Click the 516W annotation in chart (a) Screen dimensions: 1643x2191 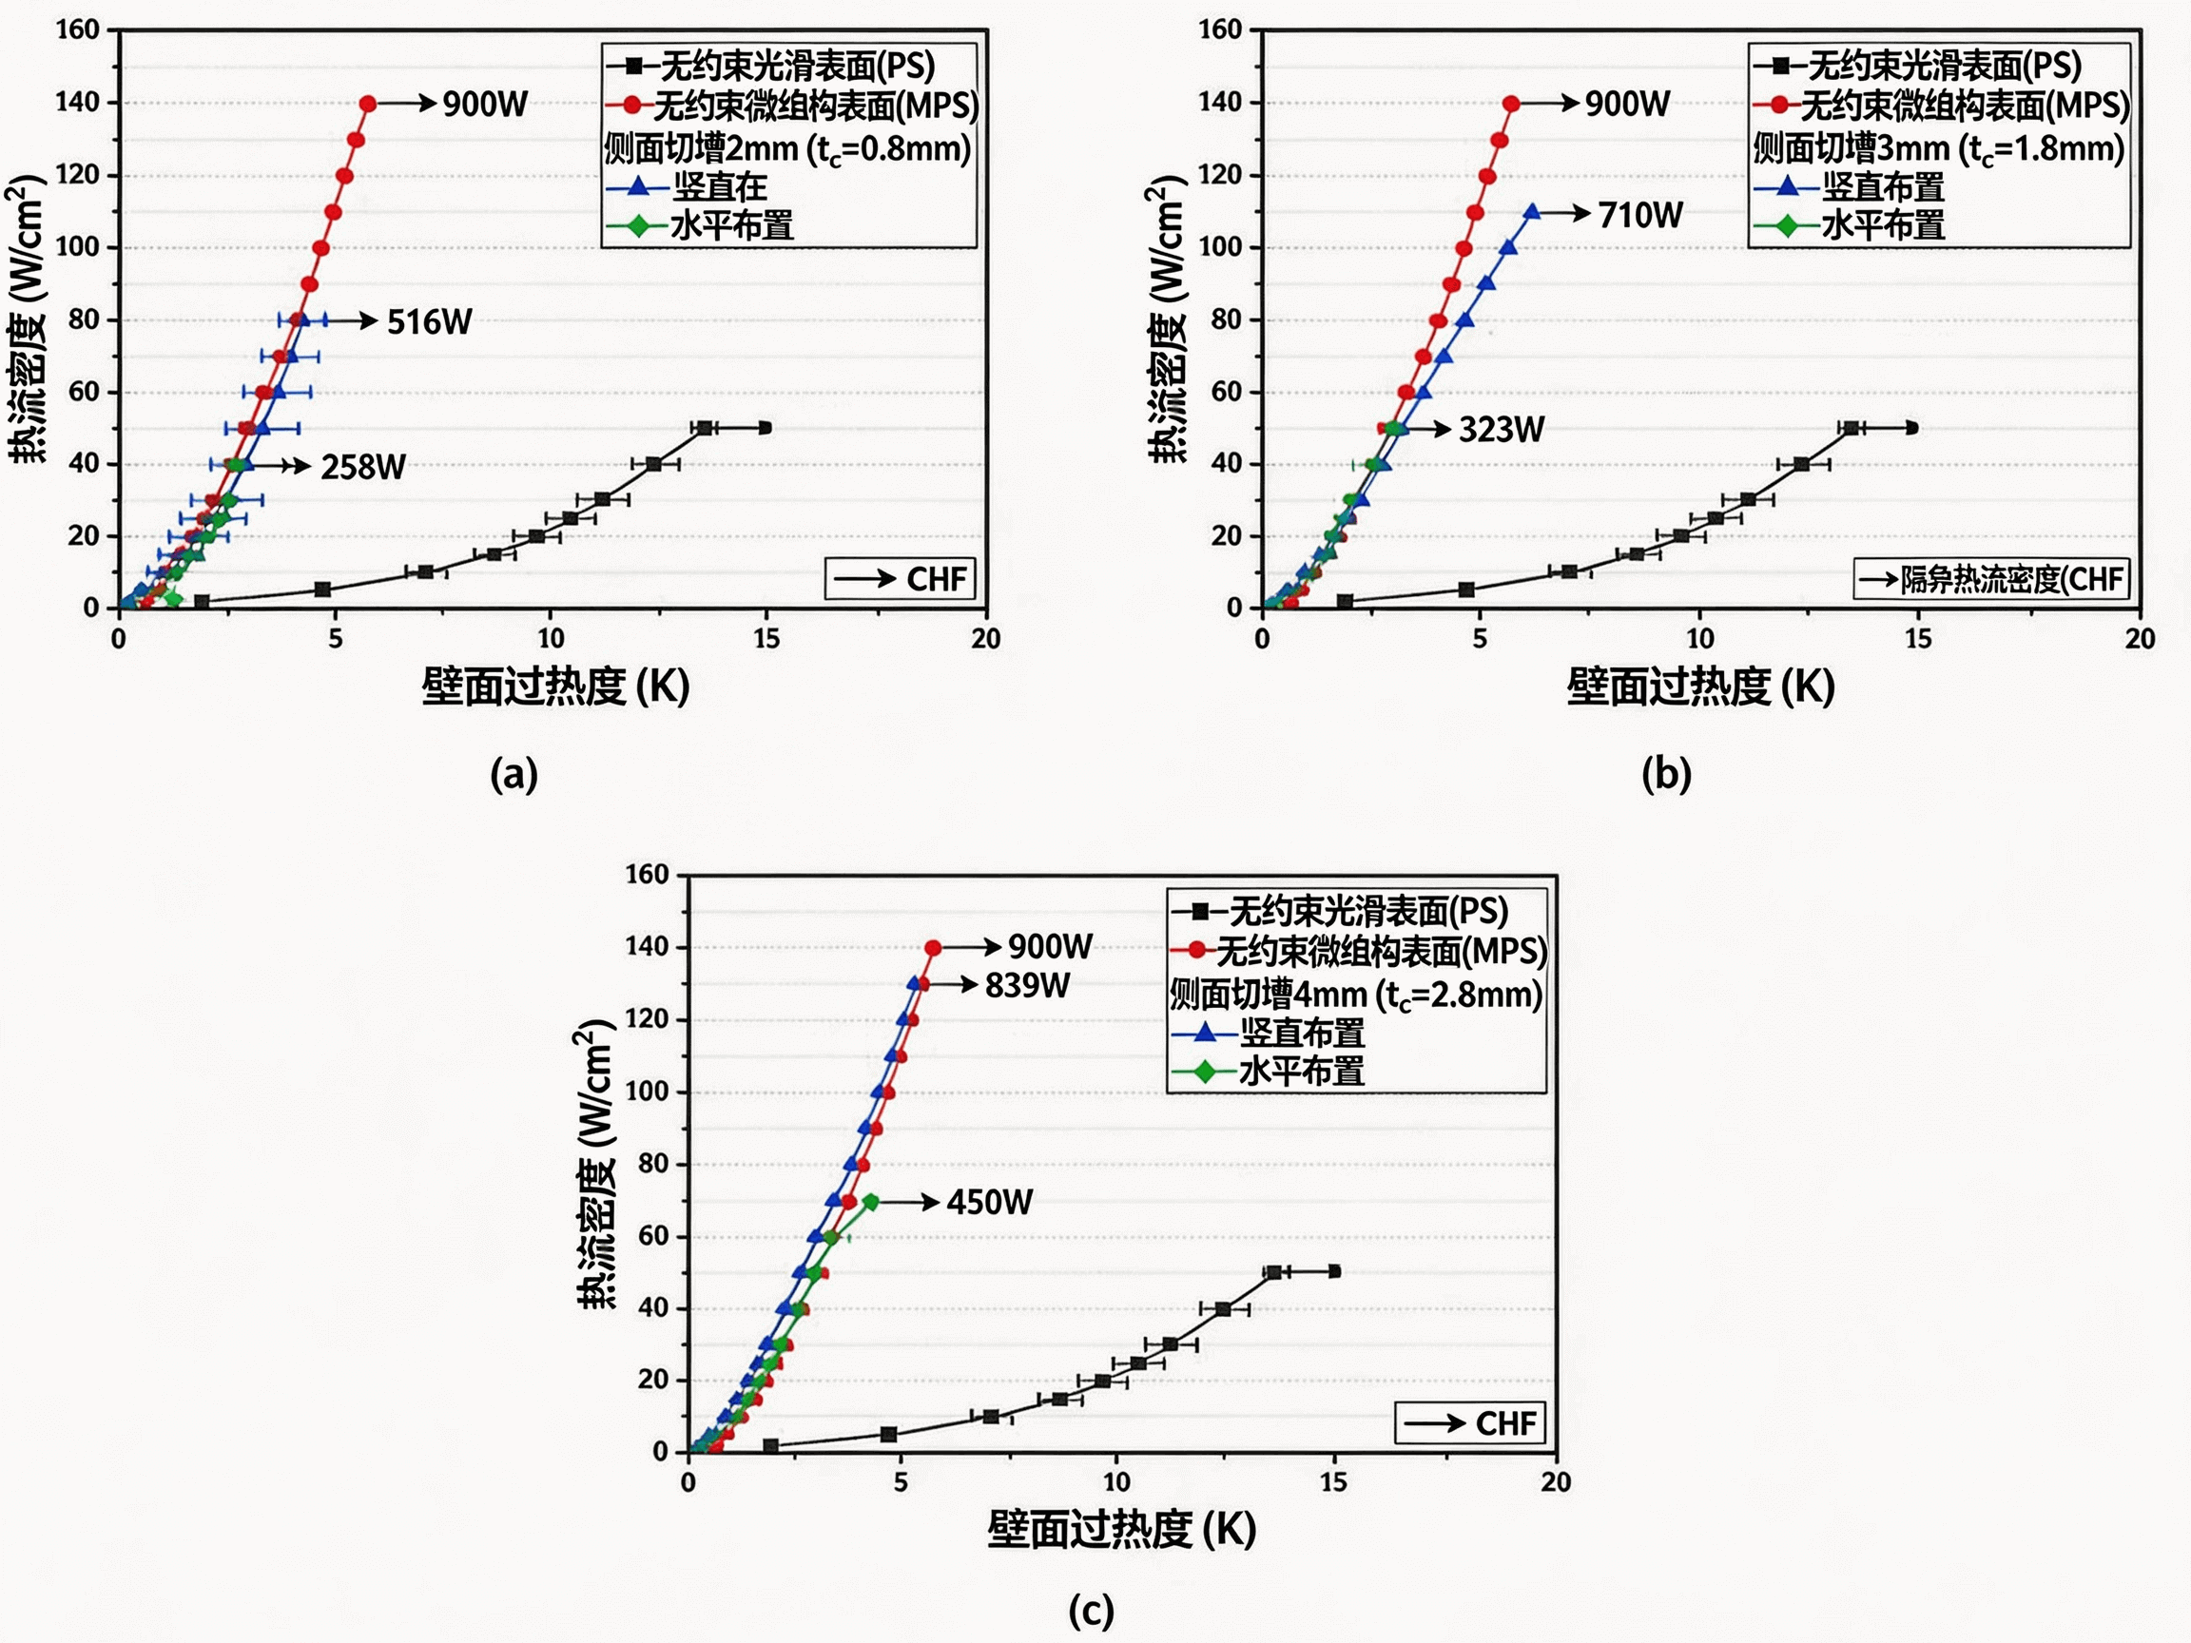click(429, 322)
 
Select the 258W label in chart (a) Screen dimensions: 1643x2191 click(362, 467)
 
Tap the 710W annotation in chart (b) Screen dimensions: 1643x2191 click(1640, 215)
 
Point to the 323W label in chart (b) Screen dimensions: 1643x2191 click(1502, 430)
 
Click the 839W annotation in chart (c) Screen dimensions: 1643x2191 click(1027, 985)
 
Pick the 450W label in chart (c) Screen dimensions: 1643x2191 click(990, 1202)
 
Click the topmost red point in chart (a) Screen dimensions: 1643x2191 click(367, 104)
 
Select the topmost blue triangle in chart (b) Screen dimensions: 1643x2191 click(1531, 213)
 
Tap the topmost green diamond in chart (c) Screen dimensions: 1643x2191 click(871, 1202)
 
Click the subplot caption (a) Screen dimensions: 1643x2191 click(514, 775)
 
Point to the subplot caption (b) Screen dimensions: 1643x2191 click(1666, 775)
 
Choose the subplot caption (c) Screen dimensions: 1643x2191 click(1091, 1612)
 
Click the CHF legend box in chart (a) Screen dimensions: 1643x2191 click(901, 579)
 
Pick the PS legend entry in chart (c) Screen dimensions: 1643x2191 click(1355, 911)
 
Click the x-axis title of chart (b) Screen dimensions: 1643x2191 click(1699, 686)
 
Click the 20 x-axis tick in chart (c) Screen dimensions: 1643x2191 click(1555, 1482)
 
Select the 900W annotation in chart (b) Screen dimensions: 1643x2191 click(1626, 104)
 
